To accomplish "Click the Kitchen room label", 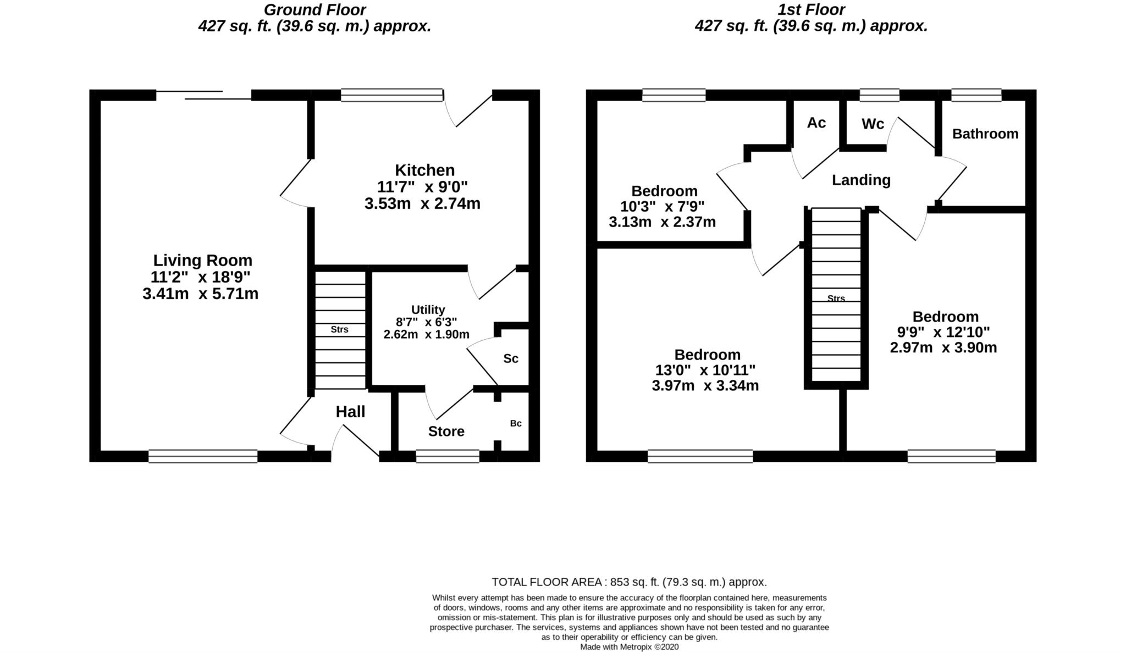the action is coord(424,170).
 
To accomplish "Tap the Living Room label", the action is coord(202,260).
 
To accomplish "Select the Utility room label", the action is coord(428,310).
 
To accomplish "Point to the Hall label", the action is coord(350,412).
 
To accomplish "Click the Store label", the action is coord(446,432).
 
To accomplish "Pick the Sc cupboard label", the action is coord(511,359).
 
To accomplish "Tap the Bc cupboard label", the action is coord(515,423).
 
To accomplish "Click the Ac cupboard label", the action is coord(816,123).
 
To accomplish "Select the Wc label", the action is coord(873,124).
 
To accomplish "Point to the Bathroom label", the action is coord(985,134).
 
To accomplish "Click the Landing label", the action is coord(860,180).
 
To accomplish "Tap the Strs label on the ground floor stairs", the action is coord(339,330).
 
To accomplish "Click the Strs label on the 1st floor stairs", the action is coord(836,299).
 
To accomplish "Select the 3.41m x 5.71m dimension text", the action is coord(200,294).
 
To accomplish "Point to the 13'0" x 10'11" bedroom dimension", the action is coord(705,370).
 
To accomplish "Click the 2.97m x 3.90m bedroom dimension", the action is coord(943,348).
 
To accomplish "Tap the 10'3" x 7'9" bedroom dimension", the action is coord(662,207).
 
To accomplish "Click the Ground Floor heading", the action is coord(314,9).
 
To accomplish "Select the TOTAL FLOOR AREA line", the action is coord(629,582).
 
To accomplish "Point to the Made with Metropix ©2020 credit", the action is coord(629,647).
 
